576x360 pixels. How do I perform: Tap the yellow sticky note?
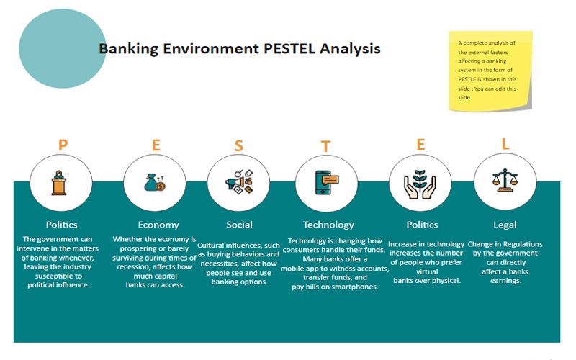(490, 71)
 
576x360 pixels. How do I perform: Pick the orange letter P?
(63, 145)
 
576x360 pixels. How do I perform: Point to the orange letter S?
(238, 145)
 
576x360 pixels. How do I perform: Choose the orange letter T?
(326, 146)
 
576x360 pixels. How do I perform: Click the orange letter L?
(505, 144)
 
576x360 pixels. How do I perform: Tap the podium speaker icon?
(60, 183)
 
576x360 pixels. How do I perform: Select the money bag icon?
(156, 183)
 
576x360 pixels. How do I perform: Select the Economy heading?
(158, 225)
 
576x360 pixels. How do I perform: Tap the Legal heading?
(505, 225)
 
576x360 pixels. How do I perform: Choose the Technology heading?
(328, 225)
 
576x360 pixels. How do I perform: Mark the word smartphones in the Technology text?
(351, 287)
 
